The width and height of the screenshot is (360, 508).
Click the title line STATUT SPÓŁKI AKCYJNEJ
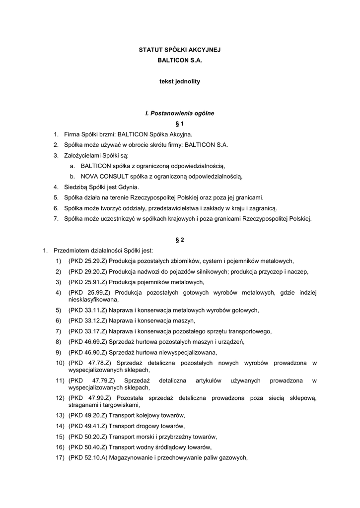pos(179,50)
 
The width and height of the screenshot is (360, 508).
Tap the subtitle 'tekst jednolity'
pos(179,81)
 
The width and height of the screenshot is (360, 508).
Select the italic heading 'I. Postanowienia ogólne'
pos(179,113)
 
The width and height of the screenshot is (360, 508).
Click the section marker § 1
pos(180,124)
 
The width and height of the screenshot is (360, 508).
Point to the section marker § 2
pos(180,240)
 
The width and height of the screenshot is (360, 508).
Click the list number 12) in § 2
pos(60,398)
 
